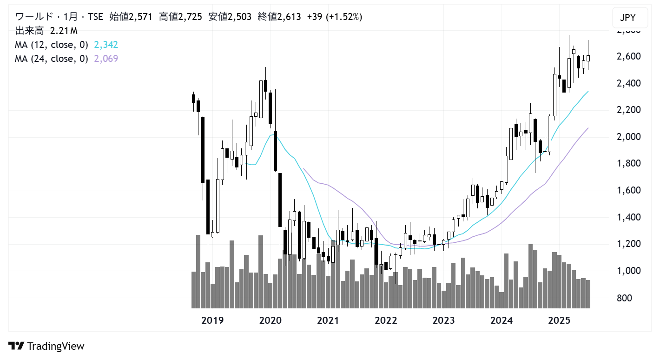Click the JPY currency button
627,19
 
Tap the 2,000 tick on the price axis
625,137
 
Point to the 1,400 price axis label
625,217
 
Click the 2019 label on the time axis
212,320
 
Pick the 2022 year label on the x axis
386,320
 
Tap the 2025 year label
559,320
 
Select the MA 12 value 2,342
106,45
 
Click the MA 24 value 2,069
106,59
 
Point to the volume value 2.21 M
64,31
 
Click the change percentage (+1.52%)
345,17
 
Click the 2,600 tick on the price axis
625,56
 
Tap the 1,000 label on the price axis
625,271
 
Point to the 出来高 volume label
29,31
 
